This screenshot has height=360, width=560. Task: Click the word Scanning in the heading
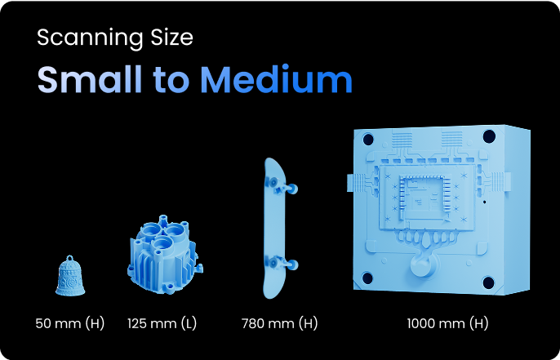coord(90,38)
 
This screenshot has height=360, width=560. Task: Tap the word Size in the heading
coord(171,37)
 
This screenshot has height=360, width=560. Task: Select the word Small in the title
coord(90,79)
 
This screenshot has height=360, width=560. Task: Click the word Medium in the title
coord(276,79)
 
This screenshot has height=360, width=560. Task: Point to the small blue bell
coord(70,276)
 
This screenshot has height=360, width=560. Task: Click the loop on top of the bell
coord(70,258)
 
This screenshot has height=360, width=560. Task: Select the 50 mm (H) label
coord(70,323)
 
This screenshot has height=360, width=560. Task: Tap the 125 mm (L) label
coord(162,323)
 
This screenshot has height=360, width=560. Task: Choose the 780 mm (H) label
coord(279,323)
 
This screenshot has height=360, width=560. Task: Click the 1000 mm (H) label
coord(447,323)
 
